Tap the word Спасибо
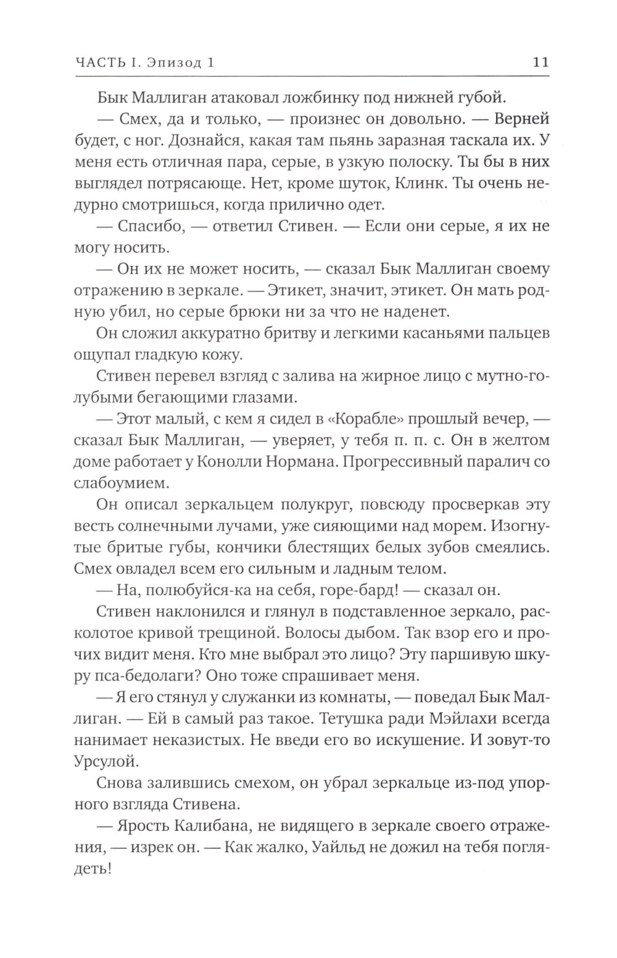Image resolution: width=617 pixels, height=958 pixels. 150,226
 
